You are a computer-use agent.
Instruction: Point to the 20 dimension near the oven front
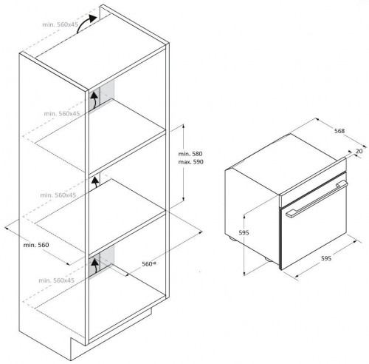(358, 151)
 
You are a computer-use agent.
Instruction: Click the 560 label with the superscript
(151, 264)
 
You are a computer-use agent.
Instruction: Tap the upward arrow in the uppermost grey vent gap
(94, 100)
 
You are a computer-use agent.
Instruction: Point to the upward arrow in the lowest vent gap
(94, 263)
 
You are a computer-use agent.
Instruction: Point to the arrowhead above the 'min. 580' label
(184, 127)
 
